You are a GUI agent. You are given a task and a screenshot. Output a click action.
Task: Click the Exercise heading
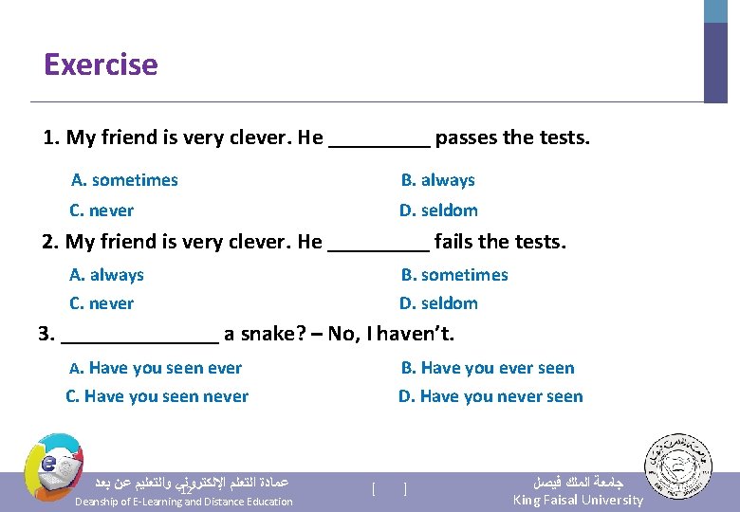101,64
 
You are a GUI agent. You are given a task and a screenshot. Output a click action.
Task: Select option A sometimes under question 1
124,180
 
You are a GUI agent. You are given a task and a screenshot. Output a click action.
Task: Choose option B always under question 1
437,180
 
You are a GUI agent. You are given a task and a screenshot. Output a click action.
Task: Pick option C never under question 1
102,210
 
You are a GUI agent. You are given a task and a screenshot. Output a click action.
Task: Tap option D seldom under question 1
437,210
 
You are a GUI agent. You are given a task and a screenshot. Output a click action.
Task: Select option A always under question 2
106,275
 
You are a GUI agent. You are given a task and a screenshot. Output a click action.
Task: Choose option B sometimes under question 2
453,275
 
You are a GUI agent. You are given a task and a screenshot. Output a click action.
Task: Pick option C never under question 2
102,303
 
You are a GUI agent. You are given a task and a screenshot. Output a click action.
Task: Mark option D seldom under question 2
437,303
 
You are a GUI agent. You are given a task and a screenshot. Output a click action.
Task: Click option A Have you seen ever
156,368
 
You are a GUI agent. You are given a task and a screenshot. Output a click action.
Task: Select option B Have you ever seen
487,368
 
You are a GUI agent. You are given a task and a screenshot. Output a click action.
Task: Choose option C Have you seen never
157,396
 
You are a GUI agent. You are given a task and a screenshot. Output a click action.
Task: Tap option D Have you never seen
490,396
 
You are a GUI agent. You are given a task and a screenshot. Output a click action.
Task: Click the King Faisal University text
577,500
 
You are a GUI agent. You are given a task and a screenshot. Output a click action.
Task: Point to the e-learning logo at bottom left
53,465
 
